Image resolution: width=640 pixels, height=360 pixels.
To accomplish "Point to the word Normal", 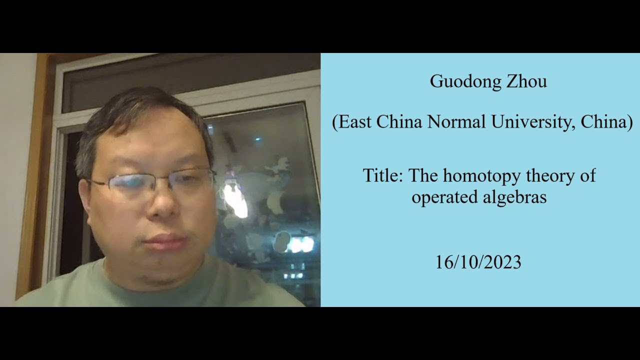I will point(457,122).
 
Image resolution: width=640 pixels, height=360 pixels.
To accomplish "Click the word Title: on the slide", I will point(383,176).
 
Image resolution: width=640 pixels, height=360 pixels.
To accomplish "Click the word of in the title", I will point(587,176).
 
